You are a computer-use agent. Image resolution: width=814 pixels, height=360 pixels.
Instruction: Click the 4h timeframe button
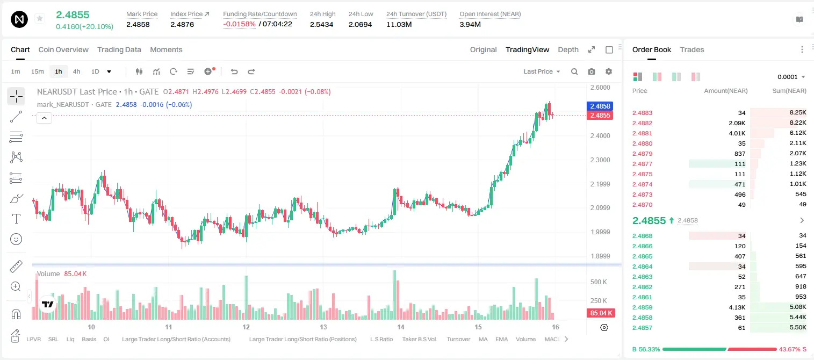point(76,71)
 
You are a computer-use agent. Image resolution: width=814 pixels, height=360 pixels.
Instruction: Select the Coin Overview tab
point(63,49)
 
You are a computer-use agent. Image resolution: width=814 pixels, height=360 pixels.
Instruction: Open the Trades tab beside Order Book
point(692,49)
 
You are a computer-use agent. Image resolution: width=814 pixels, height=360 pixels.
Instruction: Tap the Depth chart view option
point(568,49)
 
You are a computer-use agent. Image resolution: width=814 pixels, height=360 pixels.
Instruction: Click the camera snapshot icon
point(592,71)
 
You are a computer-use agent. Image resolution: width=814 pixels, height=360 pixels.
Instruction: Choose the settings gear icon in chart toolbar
point(609,71)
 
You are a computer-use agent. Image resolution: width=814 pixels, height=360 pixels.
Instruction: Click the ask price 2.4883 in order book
point(642,113)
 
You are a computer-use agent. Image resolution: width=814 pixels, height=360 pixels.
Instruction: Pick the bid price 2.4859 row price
point(642,307)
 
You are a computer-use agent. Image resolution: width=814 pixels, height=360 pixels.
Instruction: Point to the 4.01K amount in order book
point(737,133)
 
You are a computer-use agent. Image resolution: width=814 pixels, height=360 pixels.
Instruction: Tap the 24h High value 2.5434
point(321,24)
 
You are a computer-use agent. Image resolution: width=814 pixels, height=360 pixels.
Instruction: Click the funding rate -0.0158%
point(239,24)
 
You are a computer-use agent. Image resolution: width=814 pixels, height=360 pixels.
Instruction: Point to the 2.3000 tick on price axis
point(600,160)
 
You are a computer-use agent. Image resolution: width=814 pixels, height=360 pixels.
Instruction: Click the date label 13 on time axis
point(323,327)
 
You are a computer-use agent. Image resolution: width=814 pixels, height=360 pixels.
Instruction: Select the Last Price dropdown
point(542,71)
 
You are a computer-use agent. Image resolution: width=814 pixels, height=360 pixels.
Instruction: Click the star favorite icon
point(40,18)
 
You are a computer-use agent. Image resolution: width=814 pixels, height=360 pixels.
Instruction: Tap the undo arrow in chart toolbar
point(234,71)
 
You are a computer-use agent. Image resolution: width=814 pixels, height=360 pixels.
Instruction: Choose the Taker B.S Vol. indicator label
point(419,339)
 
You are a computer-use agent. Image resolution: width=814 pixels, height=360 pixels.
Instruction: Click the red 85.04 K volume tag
point(601,313)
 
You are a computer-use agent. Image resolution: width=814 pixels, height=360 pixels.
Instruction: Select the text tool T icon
point(16,219)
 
